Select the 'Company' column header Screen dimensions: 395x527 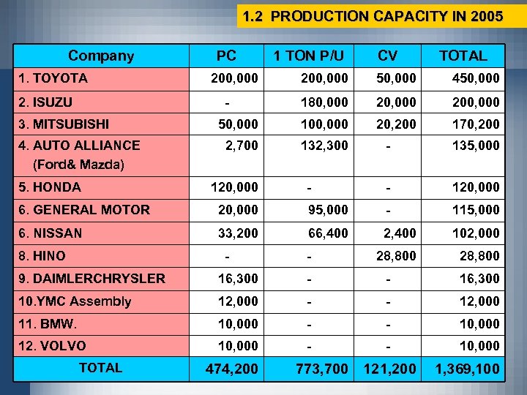[101, 56]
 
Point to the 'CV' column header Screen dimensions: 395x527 [388, 56]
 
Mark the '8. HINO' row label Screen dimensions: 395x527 [43, 256]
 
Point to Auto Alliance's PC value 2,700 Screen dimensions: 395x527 [242, 146]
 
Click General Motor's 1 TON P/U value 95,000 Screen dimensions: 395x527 [327, 210]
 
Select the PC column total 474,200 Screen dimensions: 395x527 [233, 369]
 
